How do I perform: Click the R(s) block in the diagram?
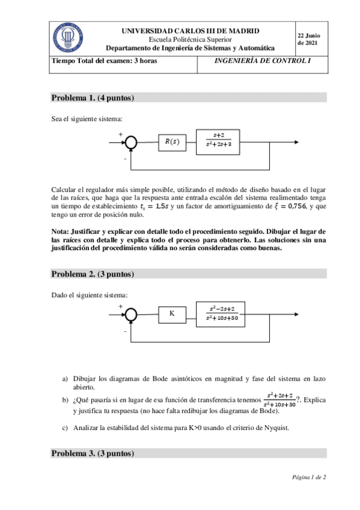pos(172,142)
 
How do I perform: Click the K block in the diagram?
pos(172,313)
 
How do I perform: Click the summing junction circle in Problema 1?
pos(130,142)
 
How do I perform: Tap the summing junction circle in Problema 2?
pos(130,313)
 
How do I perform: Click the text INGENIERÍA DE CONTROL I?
pos(263,61)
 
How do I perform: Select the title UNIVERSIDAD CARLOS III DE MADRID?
pos(191,31)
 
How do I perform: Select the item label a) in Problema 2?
pos(66,379)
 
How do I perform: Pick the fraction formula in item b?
pos(280,399)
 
